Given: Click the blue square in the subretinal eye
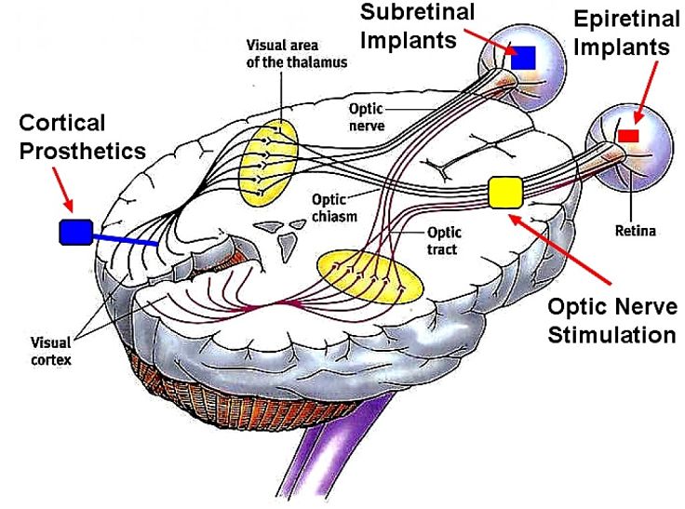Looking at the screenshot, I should click(523, 57).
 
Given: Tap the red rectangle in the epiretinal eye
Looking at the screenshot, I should click(629, 136).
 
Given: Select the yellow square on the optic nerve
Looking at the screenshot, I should click(507, 192).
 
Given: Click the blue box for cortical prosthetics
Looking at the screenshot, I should click(74, 232).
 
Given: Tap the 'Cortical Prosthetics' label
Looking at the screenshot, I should click(82, 137).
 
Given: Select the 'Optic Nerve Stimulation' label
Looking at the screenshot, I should click(611, 322).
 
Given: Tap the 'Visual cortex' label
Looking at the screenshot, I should click(48, 349).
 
